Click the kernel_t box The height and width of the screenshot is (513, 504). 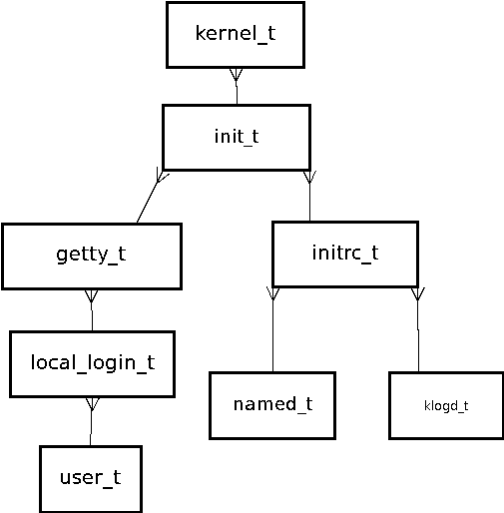pyautogui.click(x=236, y=35)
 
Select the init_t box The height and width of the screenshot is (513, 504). pyautogui.click(x=237, y=138)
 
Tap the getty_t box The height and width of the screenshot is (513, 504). pyautogui.click(x=92, y=256)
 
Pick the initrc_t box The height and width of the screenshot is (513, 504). pyautogui.click(x=345, y=255)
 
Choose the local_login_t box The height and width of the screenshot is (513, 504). pyautogui.click(x=93, y=364)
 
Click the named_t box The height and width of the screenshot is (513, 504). pyautogui.click(x=272, y=405)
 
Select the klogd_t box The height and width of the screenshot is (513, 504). pyautogui.click(x=446, y=405)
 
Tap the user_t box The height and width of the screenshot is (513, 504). pyautogui.click(x=91, y=479)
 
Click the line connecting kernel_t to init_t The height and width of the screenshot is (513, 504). pyautogui.click(x=237, y=87)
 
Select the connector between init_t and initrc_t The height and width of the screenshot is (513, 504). pyautogui.click(x=309, y=196)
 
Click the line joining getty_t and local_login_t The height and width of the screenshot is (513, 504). pyautogui.click(x=92, y=310)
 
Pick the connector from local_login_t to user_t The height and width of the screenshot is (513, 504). pyautogui.click(x=91, y=421)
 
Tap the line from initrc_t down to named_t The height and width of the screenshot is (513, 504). pyautogui.click(x=272, y=329)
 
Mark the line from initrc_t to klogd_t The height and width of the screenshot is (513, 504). pyautogui.click(x=418, y=329)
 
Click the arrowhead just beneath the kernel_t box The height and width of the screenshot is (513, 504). pyautogui.click(x=237, y=75)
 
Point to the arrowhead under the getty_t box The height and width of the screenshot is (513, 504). pyautogui.click(x=92, y=295)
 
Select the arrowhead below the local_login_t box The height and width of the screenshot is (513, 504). pyautogui.click(x=93, y=404)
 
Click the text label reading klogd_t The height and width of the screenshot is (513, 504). pyautogui.click(x=446, y=406)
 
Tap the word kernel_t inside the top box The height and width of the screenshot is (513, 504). pyautogui.click(x=236, y=34)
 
